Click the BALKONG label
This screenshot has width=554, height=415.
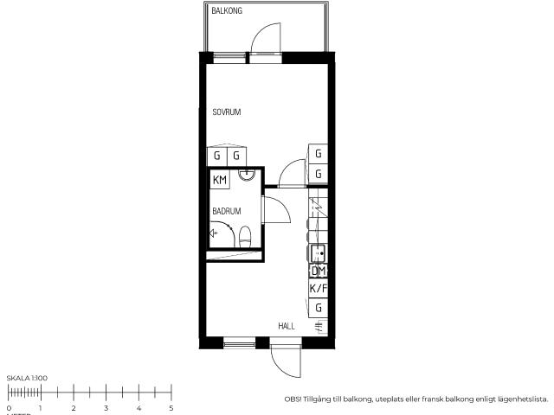[227, 10]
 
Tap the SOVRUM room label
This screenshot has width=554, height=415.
[226, 112]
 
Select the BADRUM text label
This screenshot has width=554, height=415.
[226, 210]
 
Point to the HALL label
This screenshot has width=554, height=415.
[287, 326]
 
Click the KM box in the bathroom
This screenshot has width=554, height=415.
[220, 180]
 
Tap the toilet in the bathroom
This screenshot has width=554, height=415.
[245, 235]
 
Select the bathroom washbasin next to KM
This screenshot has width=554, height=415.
[248, 176]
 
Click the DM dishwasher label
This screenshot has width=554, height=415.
[318, 271]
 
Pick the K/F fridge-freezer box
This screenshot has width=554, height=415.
[319, 289]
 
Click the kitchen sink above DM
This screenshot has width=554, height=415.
[318, 253]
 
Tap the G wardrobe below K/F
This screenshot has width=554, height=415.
[319, 308]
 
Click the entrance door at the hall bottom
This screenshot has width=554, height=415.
[285, 359]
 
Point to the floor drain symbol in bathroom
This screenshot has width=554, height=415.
[213, 233]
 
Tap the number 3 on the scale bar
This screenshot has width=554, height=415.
[106, 407]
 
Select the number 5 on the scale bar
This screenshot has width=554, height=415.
[171, 407]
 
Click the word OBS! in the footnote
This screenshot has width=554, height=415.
[293, 399]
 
